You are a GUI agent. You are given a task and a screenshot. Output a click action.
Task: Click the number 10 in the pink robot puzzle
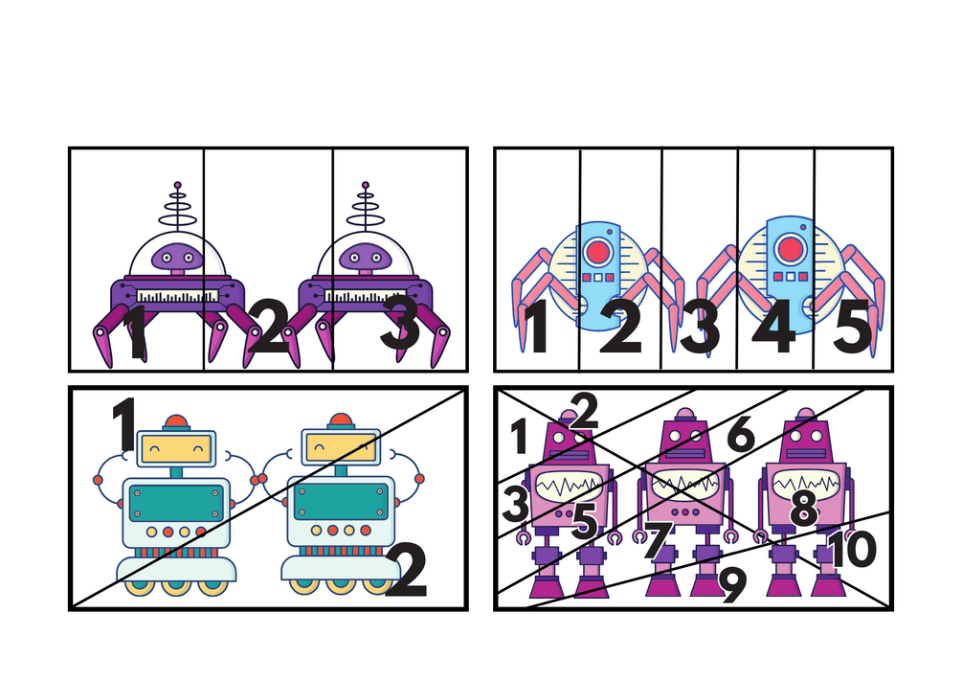click(x=853, y=549)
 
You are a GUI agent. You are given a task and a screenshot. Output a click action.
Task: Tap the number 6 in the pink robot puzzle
click(x=741, y=434)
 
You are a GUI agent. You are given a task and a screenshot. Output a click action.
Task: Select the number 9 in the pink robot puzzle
click(x=733, y=585)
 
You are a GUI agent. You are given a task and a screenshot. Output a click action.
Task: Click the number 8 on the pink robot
click(x=804, y=509)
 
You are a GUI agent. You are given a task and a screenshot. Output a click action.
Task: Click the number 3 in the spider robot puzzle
click(x=700, y=327)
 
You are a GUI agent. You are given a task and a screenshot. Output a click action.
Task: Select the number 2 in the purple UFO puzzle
click(x=269, y=326)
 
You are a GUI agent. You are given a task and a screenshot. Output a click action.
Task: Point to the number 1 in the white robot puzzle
click(x=124, y=423)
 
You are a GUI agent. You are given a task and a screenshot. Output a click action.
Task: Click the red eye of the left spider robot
click(x=597, y=252)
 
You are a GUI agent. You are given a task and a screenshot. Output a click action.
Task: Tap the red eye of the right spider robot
click(x=791, y=249)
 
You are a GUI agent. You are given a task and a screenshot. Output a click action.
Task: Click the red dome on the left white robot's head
click(x=177, y=422)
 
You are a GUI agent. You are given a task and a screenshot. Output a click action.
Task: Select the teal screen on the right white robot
click(x=341, y=502)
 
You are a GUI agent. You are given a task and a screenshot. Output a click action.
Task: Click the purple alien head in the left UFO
click(x=177, y=257)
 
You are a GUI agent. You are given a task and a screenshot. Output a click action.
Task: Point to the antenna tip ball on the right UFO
click(x=366, y=185)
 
